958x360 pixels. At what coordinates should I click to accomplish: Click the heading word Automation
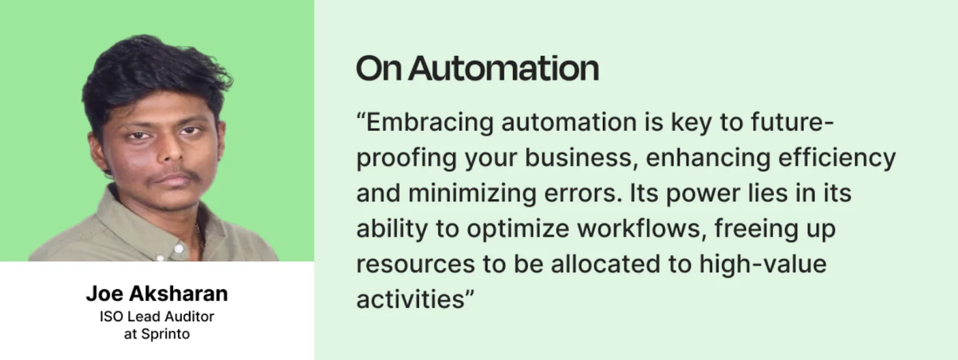pyautogui.click(x=504, y=68)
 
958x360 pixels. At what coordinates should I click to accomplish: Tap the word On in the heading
pyautogui.click(x=378, y=68)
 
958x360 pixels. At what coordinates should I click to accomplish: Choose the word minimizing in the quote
pyautogui.click(x=472, y=194)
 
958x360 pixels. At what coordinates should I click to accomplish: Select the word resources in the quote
pyautogui.click(x=416, y=265)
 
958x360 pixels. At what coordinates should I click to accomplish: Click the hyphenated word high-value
pyautogui.click(x=763, y=264)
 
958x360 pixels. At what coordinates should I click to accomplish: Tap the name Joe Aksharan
pyautogui.click(x=157, y=294)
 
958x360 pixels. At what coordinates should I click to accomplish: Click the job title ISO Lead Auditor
pyautogui.click(x=157, y=317)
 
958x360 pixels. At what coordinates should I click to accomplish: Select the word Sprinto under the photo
pyautogui.click(x=165, y=334)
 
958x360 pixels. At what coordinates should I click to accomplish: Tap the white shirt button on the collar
pyautogui.click(x=179, y=248)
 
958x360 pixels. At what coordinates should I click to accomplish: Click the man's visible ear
pyautogui.click(x=96, y=154)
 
